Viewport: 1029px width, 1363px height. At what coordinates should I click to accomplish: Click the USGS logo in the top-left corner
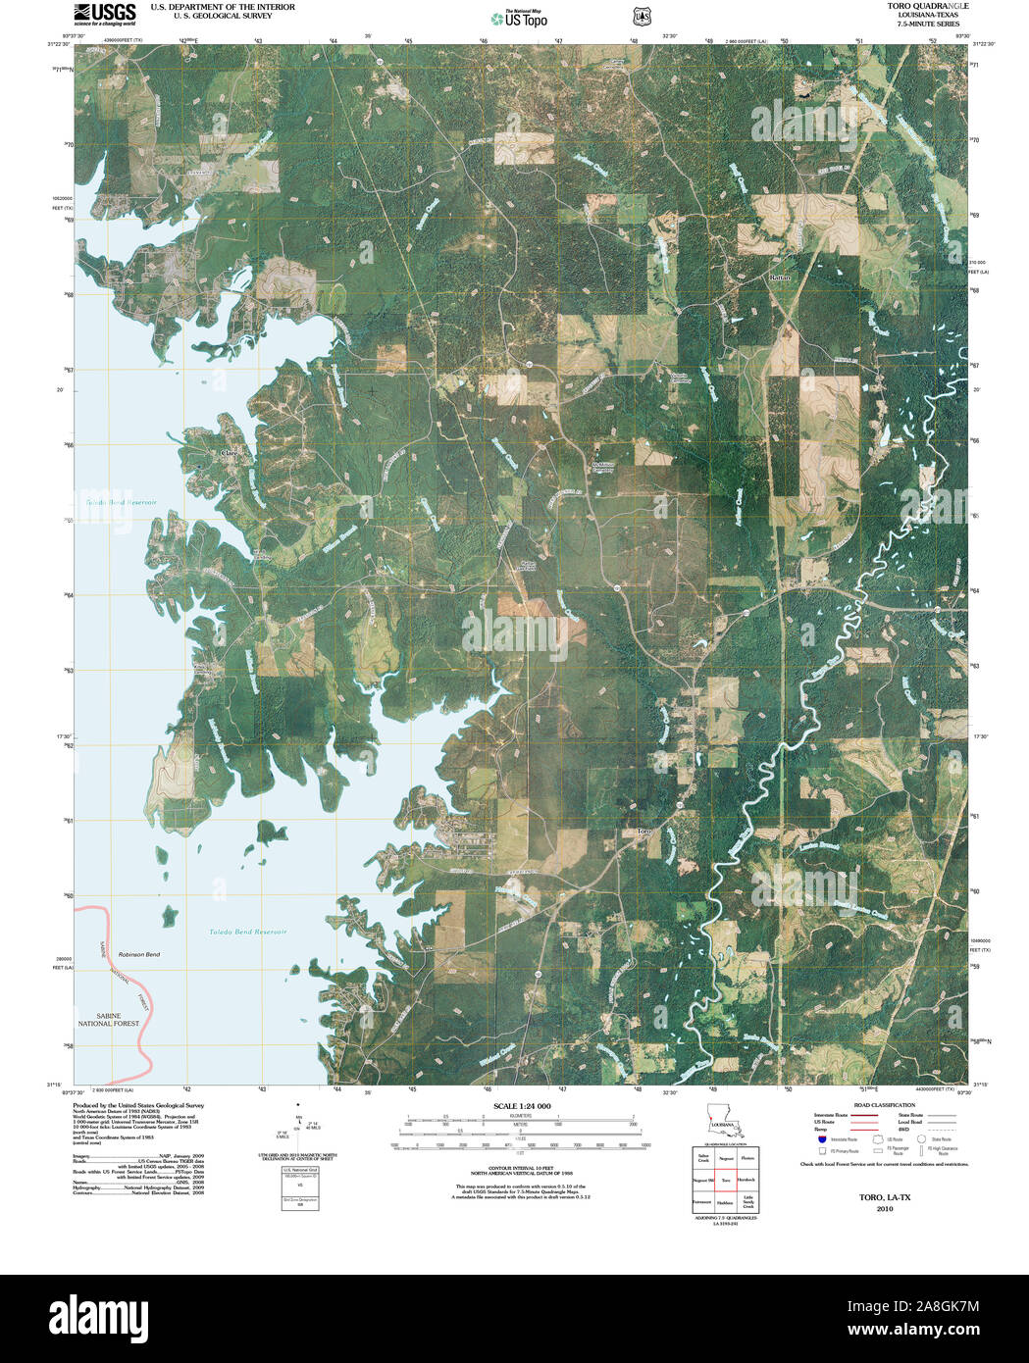[104, 14]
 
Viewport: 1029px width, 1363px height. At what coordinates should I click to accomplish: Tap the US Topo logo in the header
[519, 18]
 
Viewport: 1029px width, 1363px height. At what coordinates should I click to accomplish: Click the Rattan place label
[780, 278]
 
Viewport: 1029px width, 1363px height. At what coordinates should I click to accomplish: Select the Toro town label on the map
[643, 832]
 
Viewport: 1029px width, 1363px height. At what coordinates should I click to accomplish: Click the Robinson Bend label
[138, 954]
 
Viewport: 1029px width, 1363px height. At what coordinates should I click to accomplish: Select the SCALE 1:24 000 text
[522, 1106]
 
